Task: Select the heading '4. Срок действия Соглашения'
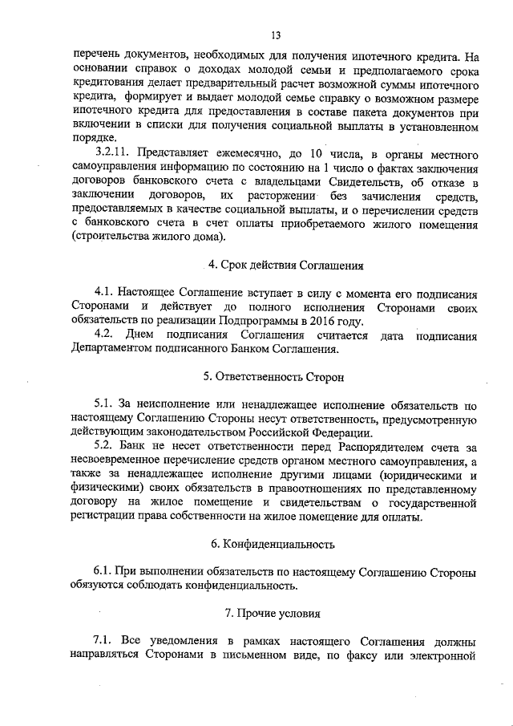[276, 265]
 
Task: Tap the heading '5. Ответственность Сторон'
[276, 375]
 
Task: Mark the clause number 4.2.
[105, 334]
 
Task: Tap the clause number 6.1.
[105, 571]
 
